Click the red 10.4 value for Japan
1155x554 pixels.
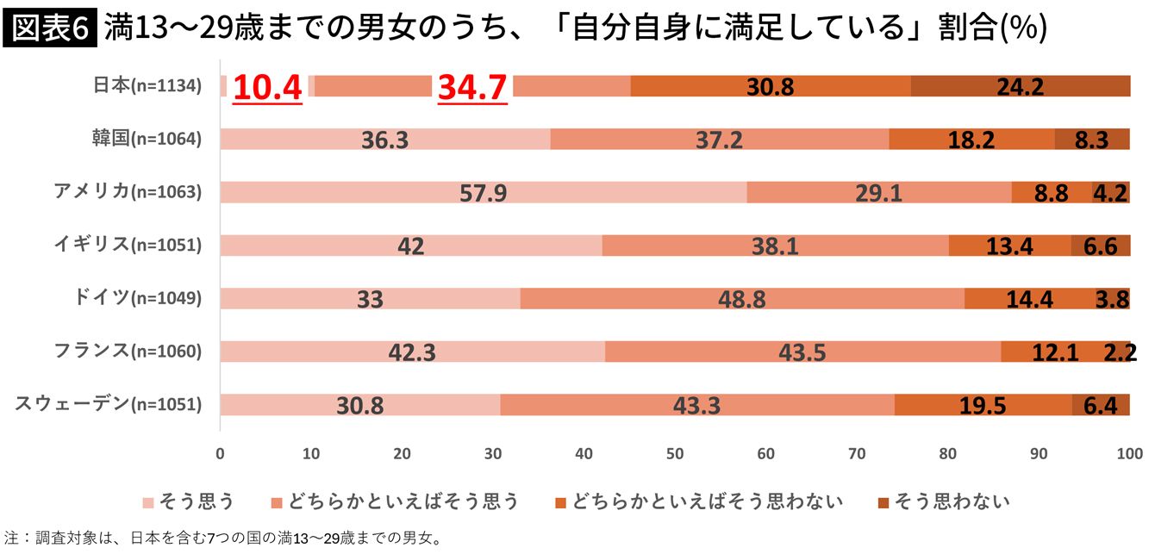coord(268,87)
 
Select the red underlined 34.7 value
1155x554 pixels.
coord(472,87)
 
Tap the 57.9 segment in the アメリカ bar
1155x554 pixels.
coord(483,192)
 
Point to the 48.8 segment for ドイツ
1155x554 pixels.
coord(741,298)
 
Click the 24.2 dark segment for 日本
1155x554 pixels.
coord(1021,86)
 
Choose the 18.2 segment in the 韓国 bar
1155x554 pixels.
coord(971,140)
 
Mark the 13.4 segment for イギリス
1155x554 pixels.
coord(1009,246)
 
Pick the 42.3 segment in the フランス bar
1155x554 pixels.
coord(412,352)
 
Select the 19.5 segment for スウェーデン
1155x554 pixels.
coord(983,405)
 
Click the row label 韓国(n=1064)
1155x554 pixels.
coord(147,138)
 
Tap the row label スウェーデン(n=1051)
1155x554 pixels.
coord(108,403)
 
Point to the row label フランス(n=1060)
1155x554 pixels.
coord(128,351)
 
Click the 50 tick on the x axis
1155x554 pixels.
coord(675,453)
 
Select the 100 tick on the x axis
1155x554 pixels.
coord(1128,453)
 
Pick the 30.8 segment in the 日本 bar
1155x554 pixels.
coord(770,86)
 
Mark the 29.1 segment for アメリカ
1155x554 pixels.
coord(878,192)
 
